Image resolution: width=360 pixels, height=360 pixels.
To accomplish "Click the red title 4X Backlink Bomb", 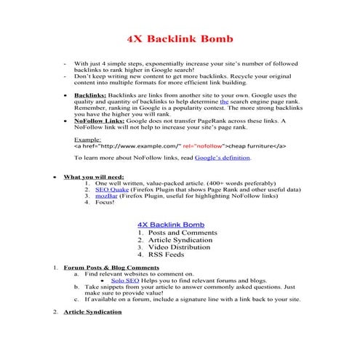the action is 180,37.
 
